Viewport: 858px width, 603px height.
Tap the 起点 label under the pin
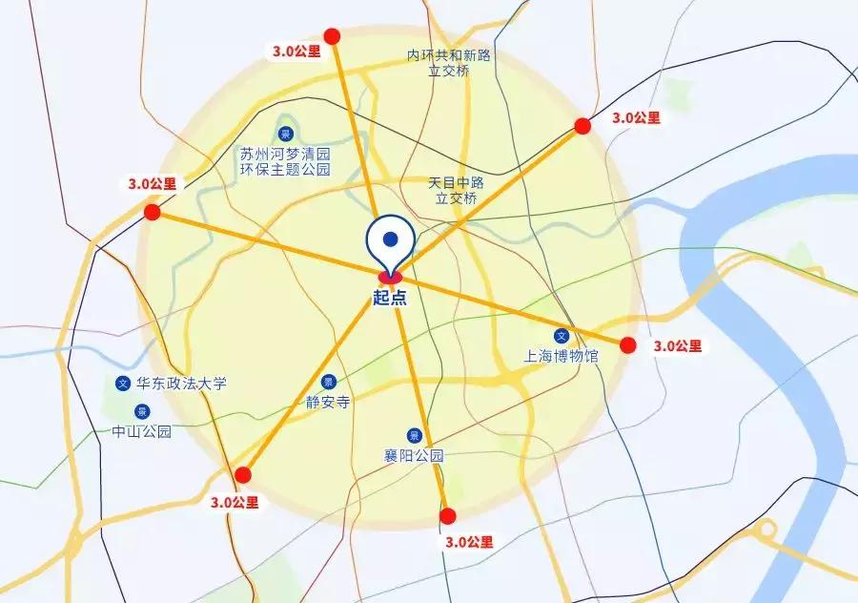[x=390, y=297]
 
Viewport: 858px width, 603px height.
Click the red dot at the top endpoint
[x=332, y=36]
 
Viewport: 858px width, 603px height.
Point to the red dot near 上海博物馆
[x=627, y=345]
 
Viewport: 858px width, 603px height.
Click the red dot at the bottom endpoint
[x=447, y=516]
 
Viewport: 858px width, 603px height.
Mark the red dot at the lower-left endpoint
[x=243, y=475]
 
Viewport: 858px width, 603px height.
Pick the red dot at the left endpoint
[x=153, y=212]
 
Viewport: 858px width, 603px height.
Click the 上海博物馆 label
[x=562, y=356]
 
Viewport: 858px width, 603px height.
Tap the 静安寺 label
[x=328, y=402]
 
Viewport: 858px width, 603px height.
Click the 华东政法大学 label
[x=182, y=384]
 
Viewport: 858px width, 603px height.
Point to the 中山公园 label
[x=141, y=431]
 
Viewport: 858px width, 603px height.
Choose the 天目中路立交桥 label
[x=457, y=190]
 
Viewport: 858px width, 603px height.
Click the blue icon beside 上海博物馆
[x=562, y=336]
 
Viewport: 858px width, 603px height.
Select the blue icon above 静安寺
[x=328, y=382]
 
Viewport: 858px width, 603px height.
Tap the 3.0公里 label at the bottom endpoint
[x=469, y=542]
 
